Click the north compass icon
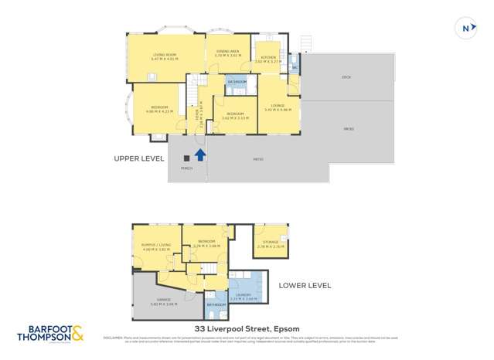tap(465, 28)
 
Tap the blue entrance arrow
tap(199, 154)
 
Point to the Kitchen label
tap(268, 59)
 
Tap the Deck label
tap(346, 77)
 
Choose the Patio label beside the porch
tap(257, 160)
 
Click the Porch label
tap(186, 168)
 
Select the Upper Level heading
tap(139, 158)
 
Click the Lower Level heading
tap(305, 285)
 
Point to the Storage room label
tap(270, 243)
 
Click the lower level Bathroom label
tap(216, 304)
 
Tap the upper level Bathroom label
tap(237, 81)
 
